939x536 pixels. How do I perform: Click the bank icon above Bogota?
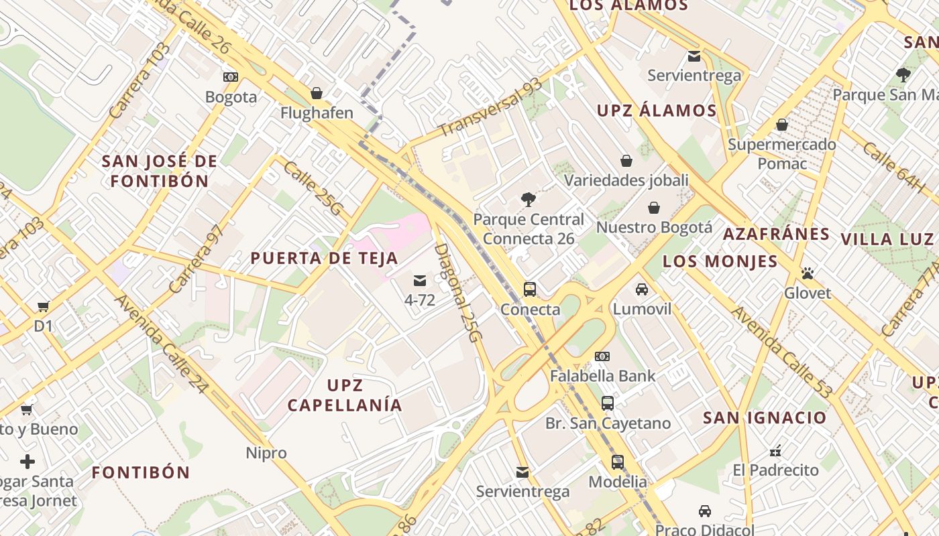pyautogui.click(x=231, y=77)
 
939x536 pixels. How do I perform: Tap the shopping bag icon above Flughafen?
pyautogui.click(x=317, y=93)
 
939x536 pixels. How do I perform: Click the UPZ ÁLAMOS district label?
pyautogui.click(x=657, y=111)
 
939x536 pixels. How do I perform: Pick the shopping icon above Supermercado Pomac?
pyautogui.click(x=781, y=125)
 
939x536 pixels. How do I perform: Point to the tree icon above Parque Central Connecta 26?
pyautogui.click(x=529, y=199)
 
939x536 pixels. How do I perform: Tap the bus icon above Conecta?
pyautogui.click(x=530, y=289)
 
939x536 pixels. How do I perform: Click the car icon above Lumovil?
pyautogui.click(x=642, y=289)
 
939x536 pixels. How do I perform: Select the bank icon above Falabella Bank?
pyautogui.click(x=602, y=356)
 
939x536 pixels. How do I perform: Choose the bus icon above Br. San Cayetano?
pyautogui.click(x=608, y=403)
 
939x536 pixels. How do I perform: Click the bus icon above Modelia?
pyautogui.click(x=618, y=462)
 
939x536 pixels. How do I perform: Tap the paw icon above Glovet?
pyautogui.click(x=808, y=273)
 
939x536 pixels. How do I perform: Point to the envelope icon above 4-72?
pyautogui.click(x=420, y=281)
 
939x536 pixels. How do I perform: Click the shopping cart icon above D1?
pyautogui.click(x=44, y=307)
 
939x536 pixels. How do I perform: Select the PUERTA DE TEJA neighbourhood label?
pyautogui.click(x=325, y=259)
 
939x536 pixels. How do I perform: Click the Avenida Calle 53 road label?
pyautogui.click(x=781, y=352)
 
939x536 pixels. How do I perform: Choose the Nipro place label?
pyautogui.click(x=266, y=453)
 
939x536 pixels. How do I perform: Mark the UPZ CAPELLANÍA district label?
pyautogui.click(x=345, y=395)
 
